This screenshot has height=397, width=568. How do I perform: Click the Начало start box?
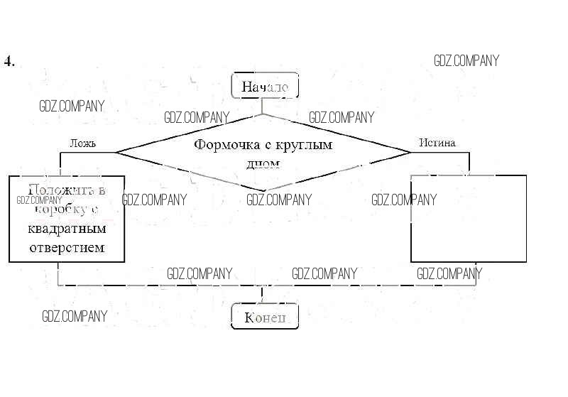[x=265, y=87]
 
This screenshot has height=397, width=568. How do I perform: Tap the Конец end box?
[x=265, y=317]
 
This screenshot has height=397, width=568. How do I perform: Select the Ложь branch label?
[x=82, y=143]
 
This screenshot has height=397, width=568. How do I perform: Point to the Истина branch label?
[x=437, y=143]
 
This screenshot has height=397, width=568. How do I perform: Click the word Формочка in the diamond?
[x=223, y=145]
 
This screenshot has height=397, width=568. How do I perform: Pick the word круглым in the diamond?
[x=304, y=145]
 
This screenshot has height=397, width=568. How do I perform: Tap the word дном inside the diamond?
[x=263, y=163]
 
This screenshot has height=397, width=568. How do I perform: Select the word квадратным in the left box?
[x=67, y=229]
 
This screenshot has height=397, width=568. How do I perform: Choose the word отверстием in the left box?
[x=67, y=247]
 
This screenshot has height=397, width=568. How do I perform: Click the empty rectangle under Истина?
[x=469, y=219]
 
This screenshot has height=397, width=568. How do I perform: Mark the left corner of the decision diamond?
[x=116, y=152]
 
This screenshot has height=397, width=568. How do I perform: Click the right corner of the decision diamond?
[x=411, y=152]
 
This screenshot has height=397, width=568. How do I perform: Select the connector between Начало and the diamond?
[x=263, y=106]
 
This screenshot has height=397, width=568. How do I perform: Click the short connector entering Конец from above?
[x=262, y=295]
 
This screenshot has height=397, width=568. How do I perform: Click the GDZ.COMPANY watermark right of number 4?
[x=466, y=61]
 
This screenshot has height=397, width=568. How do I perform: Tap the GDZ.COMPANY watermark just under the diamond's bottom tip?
[x=279, y=200]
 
